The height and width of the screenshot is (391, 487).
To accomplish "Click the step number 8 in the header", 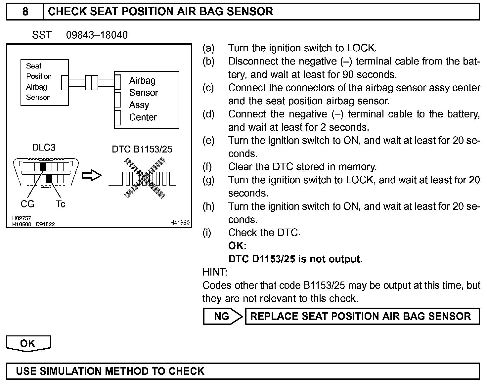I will pos(25,12).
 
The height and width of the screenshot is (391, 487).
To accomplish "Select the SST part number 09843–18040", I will pos(97,35).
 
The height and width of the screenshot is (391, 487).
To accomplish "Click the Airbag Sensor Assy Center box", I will pos(146,99).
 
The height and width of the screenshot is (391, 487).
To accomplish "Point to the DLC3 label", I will pos(43,148).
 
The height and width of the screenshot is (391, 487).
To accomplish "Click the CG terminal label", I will pos(27,204).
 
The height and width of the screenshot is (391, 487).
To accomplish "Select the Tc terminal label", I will pos(61,204).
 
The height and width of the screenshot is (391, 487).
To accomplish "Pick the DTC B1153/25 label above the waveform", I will pos(142,149).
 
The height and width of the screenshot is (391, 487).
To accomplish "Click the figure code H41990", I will pos(180,223).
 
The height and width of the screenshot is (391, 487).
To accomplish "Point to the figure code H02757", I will pos(22,218).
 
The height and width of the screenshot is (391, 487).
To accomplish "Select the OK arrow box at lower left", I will pos(28,343).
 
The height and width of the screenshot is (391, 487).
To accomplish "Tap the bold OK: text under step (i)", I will pos(237,246).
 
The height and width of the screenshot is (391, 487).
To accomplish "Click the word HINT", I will pos(215,272).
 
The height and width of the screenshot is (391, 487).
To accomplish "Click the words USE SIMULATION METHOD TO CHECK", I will pos(110,371).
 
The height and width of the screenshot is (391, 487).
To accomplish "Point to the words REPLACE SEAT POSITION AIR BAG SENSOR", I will pos(360,316).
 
